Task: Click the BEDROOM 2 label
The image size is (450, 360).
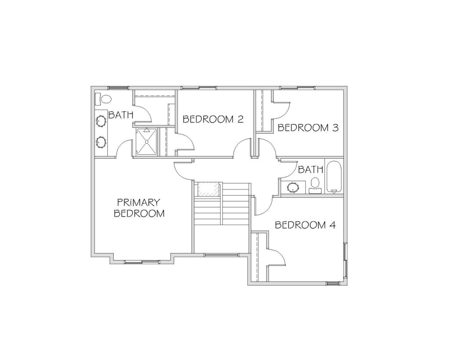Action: click(213, 119)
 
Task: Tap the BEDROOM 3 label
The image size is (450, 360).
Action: click(308, 128)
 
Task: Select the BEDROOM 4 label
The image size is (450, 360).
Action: click(305, 225)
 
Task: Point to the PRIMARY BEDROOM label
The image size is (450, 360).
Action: click(139, 208)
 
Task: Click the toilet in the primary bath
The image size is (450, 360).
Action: click(103, 99)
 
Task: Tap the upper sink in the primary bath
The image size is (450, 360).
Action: click(101, 121)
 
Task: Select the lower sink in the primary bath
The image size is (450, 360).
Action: click(101, 142)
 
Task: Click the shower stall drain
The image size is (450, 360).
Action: click(147, 142)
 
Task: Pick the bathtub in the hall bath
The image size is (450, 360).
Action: click(334, 178)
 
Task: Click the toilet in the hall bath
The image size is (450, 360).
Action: click(316, 185)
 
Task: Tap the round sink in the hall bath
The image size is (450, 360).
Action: click(293, 188)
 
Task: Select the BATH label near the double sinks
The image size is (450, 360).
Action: click(121, 115)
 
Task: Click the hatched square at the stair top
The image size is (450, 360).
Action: click(208, 189)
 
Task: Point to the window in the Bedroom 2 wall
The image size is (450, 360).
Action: click(199, 88)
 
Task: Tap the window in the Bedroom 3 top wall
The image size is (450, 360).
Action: click(298, 88)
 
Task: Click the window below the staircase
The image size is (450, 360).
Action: click(221, 255)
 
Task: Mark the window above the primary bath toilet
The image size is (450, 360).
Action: click(117, 88)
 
